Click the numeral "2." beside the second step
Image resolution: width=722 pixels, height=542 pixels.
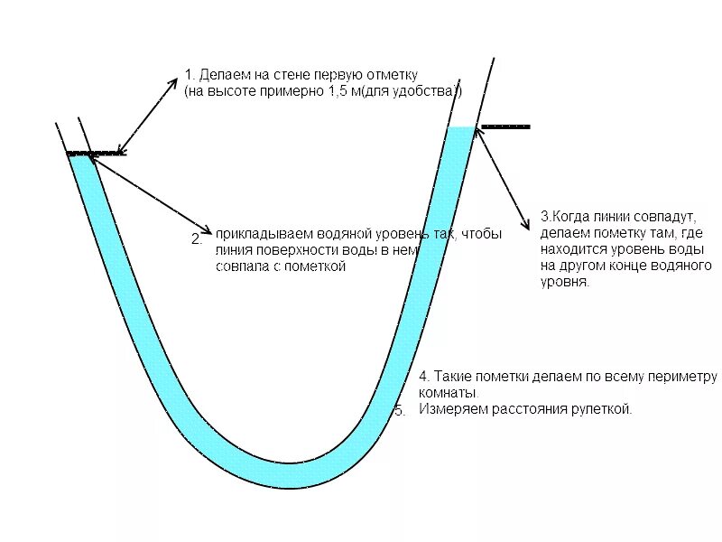197,239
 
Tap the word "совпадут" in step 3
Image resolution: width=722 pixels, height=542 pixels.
660,217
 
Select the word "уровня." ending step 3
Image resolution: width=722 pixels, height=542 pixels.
565,282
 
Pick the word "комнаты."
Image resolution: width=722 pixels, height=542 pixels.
449,393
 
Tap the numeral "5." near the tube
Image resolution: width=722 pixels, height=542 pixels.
400,410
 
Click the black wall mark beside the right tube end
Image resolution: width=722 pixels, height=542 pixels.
505,126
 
